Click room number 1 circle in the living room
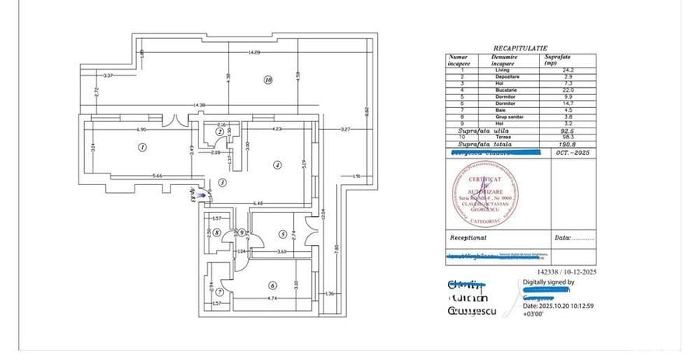coord(142,147)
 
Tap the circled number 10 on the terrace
coord(268,79)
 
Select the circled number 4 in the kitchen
coord(276,165)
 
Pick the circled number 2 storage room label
coord(220,133)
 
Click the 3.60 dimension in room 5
coord(283,252)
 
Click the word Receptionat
coord(468,238)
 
